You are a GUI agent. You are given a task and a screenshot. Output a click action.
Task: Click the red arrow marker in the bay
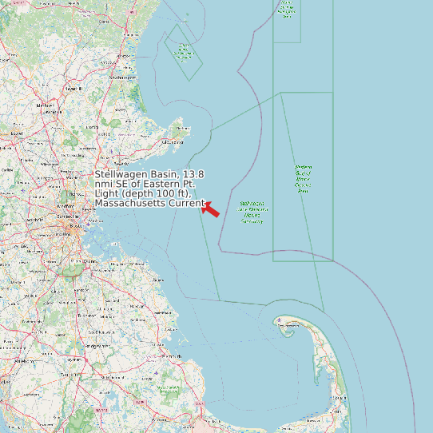(x=211, y=209)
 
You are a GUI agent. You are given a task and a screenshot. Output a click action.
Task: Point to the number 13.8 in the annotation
(x=193, y=174)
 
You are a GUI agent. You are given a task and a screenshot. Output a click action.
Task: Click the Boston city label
(x=77, y=226)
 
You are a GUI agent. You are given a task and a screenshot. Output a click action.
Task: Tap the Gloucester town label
(x=172, y=142)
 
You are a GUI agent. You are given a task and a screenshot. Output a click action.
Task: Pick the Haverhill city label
(x=74, y=88)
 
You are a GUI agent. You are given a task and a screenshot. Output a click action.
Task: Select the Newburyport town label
(x=121, y=77)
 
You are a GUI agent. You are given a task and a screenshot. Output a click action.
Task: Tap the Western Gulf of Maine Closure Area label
(x=303, y=179)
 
